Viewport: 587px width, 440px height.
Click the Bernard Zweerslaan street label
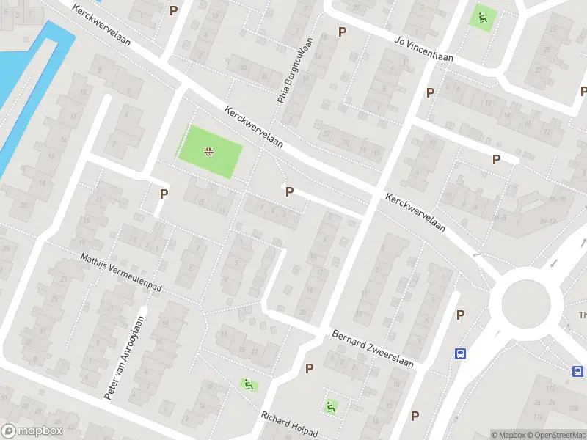tap(373, 350)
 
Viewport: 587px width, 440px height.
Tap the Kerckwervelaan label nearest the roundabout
tap(415, 213)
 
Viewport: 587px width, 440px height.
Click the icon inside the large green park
tap(209, 152)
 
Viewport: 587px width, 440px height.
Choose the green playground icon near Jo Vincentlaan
tap(482, 18)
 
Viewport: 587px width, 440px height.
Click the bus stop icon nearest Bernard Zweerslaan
tap(461, 354)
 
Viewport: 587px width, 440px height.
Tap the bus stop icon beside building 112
tap(578, 371)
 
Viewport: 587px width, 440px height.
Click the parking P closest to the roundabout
tap(461, 315)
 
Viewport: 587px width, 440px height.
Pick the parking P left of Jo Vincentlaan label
tap(342, 32)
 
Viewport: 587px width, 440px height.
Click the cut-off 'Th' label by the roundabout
tap(583, 316)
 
